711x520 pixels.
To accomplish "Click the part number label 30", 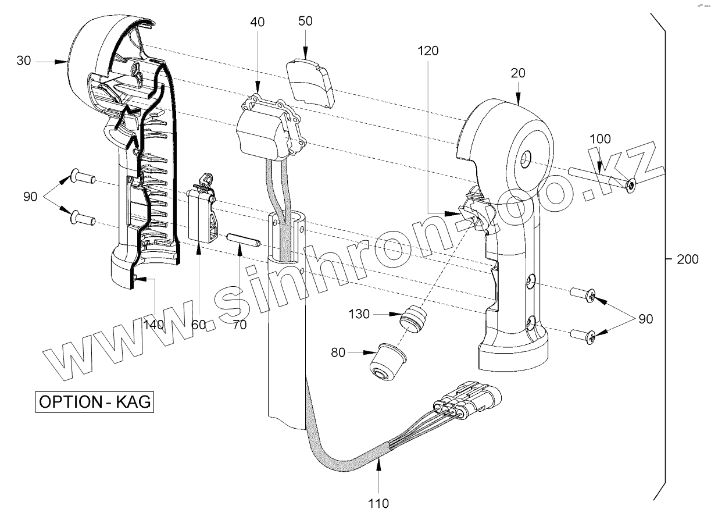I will (24, 60).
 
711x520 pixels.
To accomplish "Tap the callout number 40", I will (257, 22).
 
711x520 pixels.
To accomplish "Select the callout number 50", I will (305, 21).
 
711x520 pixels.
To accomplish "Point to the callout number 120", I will (428, 51).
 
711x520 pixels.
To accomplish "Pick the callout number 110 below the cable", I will (379, 503).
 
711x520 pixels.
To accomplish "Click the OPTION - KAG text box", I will (96, 402).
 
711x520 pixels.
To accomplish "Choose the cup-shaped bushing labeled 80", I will (385, 363).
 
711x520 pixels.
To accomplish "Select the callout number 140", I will (154, 325).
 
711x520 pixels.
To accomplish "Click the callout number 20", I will (518, 73).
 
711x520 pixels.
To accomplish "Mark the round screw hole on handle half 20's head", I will (526, 157).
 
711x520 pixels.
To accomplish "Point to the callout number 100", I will (600, 139).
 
